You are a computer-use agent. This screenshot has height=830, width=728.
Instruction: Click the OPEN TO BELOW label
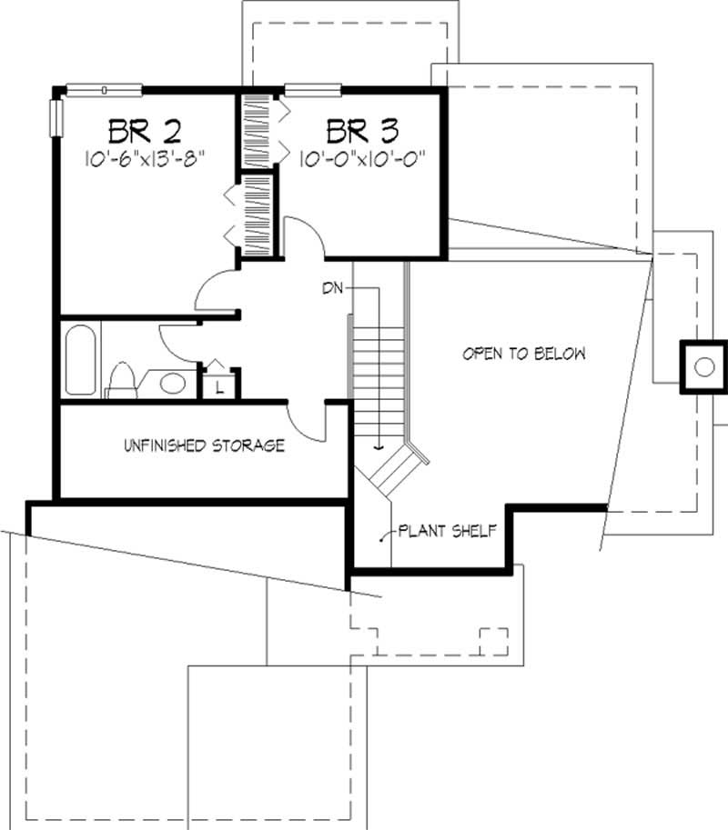point(522,354)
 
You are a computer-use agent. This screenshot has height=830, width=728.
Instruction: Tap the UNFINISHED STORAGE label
point(204,445)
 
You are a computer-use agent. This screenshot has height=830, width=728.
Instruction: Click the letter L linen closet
point(220,385)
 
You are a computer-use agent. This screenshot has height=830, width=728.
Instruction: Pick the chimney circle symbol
point(703,367)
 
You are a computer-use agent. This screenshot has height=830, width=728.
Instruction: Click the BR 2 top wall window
point(105,88)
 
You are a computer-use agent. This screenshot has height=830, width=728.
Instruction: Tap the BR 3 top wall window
point(313,88)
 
